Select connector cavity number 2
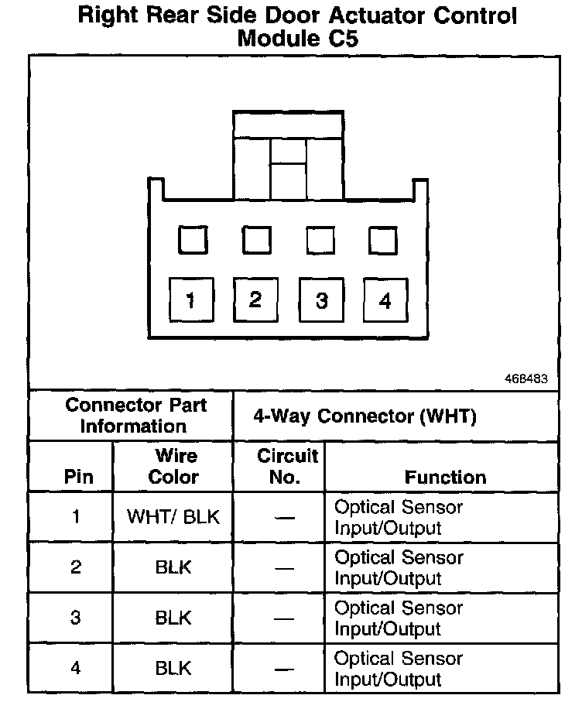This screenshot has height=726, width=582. [255, 300]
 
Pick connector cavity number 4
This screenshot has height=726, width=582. [385, 301]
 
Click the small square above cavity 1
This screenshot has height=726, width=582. [193, 240]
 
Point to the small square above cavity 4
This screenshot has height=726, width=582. [383, 240]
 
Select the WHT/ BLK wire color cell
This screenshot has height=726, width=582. [173, 517]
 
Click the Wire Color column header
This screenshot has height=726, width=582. [173, 467]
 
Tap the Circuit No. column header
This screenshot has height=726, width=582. [287, 467]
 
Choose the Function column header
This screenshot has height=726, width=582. [445, 477]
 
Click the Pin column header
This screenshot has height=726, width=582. [78, 477]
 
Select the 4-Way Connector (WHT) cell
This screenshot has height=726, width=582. [365, 416]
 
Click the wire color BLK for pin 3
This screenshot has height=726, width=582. [173, 618]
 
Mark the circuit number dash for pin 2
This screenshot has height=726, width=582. [285, 569]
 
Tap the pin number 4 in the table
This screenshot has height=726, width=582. [76, 668]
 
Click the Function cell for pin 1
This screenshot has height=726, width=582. [398, 518]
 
